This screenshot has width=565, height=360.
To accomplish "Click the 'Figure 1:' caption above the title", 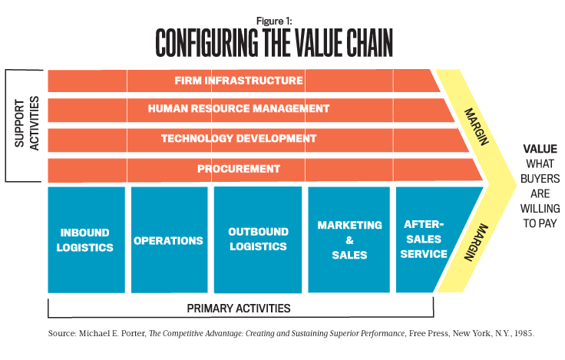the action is [x=274, y=21].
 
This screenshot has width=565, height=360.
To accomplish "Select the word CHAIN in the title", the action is [x=369, y=43].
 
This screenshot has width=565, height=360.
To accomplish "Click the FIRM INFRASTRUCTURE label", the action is [x=239, y=81].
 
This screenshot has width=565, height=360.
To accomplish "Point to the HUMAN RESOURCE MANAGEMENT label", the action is [x=239, y=108].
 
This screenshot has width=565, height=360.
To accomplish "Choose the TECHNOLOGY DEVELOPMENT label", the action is [x=239, y=138].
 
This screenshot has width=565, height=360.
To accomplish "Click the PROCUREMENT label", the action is [x=239, y=169].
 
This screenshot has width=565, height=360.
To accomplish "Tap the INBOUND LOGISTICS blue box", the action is [x=87, y=239].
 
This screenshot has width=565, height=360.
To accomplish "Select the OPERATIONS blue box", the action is [x=170, y=239].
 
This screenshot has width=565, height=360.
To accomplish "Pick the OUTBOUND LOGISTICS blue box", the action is [x=258, y=239].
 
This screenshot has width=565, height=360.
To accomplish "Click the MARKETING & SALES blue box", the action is [x=349, y=239].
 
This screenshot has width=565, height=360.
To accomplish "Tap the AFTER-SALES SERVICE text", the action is [x=424, y=239].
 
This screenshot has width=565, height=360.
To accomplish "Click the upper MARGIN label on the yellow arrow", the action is [x=477, y=127].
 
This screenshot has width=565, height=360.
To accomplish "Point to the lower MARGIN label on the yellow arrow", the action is [x=476, y=242].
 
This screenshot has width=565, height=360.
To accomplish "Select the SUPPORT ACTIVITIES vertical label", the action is [x=27, y=124].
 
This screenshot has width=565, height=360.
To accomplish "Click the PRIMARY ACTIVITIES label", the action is [x=239, y=309].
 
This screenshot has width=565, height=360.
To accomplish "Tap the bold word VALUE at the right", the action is [x=540, y=149].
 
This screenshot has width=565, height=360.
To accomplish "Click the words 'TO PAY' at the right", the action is [x=540, y=223].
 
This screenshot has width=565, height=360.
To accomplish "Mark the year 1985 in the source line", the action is [x=524, y=333].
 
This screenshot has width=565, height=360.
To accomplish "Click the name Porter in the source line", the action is [x=134, y=333].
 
